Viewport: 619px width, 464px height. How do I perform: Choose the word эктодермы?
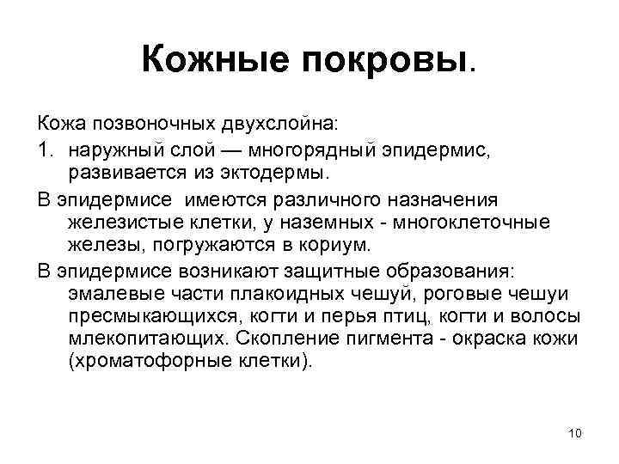click(x=257, y=174)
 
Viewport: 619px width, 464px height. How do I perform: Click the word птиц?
click(x=401, y=316)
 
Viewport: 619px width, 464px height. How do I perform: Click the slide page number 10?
click(x=575, y=432)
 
